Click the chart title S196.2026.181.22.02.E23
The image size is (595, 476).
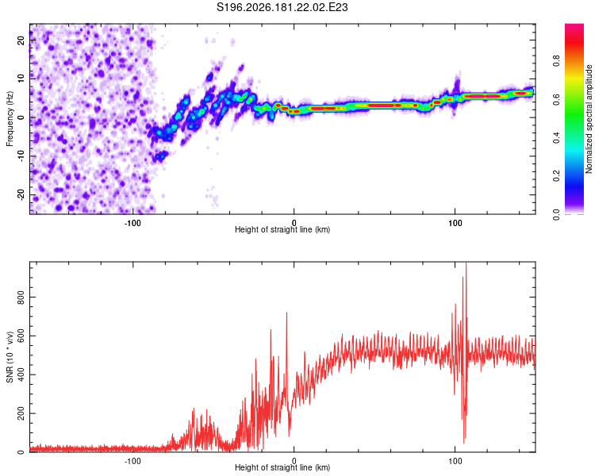coord(282,7)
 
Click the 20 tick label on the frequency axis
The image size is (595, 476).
coord(21,40)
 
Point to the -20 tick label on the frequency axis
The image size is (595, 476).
coord(21,194)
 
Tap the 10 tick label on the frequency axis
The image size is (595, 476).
coord(21,79)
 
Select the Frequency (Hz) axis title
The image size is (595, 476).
coord(10,118)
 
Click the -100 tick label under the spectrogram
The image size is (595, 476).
coord(132,223)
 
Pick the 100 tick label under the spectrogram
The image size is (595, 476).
coord(455,223)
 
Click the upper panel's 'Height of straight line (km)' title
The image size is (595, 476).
coord(282,229)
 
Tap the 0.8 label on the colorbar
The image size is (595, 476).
coord(556,61)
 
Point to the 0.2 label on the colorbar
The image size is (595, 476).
coord(556,176)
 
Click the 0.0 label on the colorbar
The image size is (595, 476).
coord(556,214)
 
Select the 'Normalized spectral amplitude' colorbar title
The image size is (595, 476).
coord(589,119)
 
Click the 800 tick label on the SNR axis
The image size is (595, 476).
coord(21,297)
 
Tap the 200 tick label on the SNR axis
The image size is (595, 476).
coord(21,413)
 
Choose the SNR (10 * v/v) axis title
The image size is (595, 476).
coord(10,357)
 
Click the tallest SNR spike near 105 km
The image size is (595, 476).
coord(466,263)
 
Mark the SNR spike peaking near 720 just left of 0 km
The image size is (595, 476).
coord(286,313)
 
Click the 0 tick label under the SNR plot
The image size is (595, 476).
coord(294,461)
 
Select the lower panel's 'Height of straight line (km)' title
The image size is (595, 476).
coord(282,467)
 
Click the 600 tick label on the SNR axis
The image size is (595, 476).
coord(21,336)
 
